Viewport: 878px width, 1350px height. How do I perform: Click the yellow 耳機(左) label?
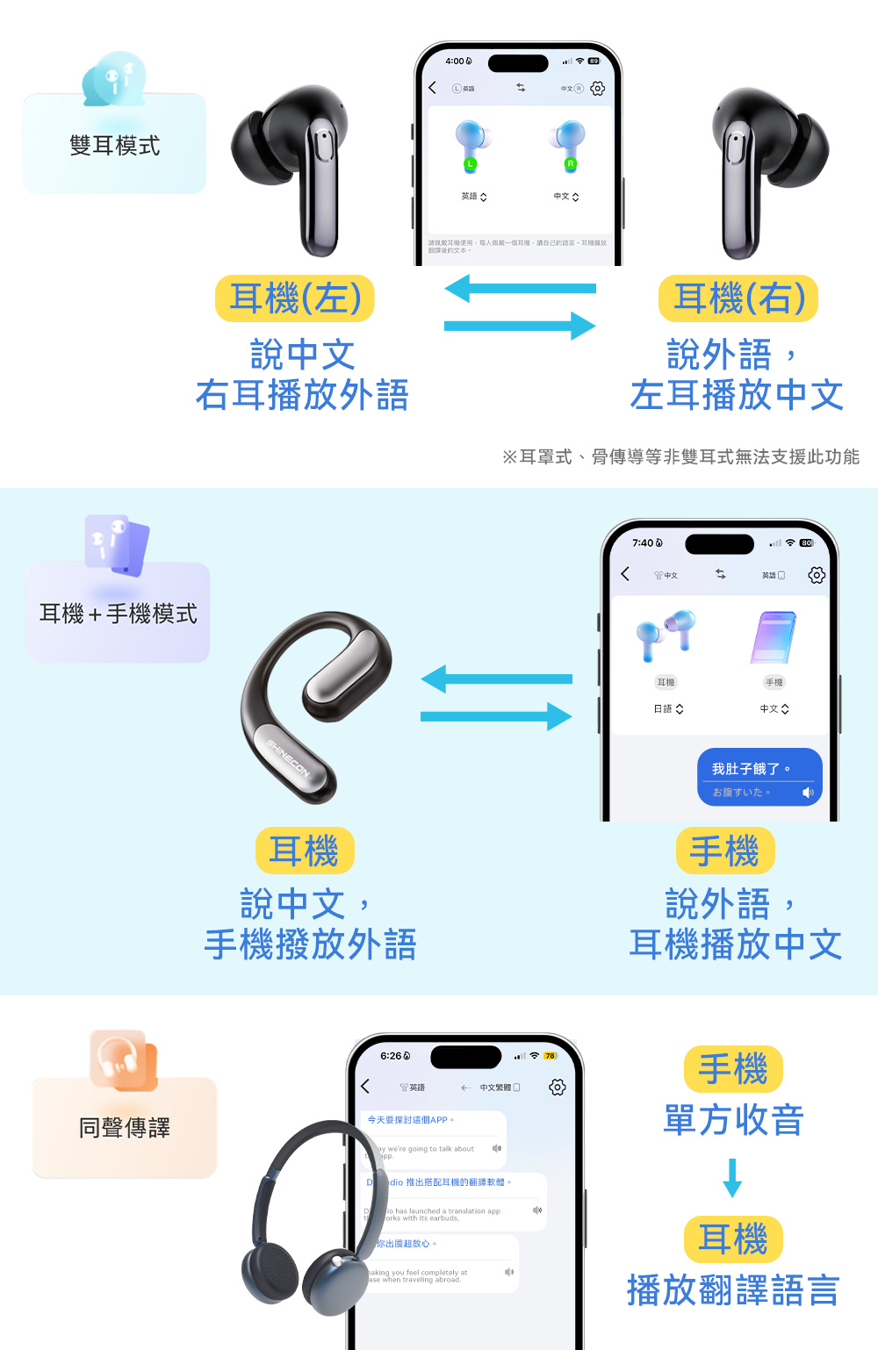pos(295,298)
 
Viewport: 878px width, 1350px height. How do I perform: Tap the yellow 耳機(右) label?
pos(738,298)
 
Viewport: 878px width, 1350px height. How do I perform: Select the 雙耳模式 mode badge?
pos(114,145)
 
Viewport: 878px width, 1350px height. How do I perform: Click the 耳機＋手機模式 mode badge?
pos(118,613)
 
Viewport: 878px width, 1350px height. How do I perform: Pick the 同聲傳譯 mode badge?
pos(125,1127)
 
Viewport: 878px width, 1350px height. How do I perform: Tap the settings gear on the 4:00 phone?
pos(598,89)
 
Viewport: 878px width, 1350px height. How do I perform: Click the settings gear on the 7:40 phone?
pos(817,575)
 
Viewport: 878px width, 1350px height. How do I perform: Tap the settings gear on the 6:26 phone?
pos(557,1088)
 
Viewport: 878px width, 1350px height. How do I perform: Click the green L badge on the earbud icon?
pos(471,164)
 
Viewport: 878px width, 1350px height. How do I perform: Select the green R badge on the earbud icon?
pos(571,164)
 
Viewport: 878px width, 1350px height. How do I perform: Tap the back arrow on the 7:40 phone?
pos(625,574)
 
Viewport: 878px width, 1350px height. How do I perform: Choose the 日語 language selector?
pos(668,709)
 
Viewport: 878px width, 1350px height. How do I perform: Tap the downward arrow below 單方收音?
pos(732,1178)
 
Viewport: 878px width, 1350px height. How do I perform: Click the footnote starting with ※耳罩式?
pos(680,456)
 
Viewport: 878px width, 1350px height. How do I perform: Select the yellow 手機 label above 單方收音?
pos(733,1069)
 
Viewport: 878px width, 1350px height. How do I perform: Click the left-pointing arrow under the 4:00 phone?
pos(520,288)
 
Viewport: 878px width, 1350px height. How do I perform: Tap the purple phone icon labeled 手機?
pos(774,637)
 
